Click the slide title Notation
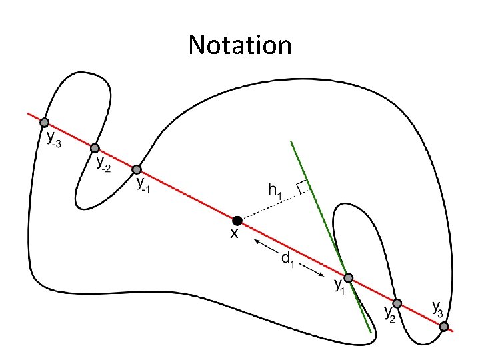coord(240,45)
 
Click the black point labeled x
coord(237,220)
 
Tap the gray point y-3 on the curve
coord(44,123)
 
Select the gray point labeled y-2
coord(95,148)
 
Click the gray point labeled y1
coord(348,277)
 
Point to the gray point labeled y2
coord(397,303)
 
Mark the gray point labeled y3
coord(443,327)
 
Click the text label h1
coord(275,191)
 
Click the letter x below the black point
coord(235,234)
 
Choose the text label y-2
coord(103,163)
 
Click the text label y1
coord(339,288)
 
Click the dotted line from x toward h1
coord(270,206)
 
